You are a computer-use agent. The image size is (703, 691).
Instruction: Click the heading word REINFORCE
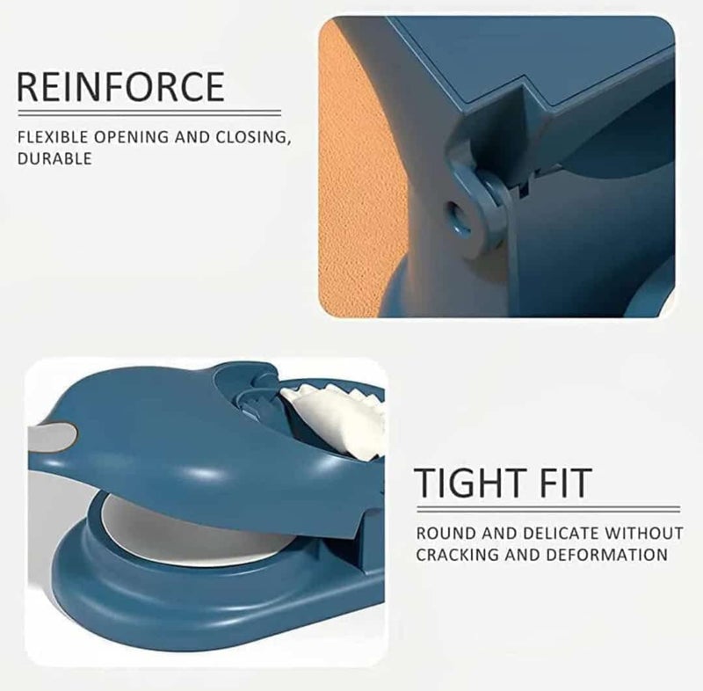click(120, 86)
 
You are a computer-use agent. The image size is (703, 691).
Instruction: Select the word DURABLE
click(54, 158)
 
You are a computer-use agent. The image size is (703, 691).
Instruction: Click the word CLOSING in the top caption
click(252, 138)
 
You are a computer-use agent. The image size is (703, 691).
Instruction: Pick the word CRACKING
click(457, 555)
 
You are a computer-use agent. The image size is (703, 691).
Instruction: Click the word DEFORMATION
click(607, 555)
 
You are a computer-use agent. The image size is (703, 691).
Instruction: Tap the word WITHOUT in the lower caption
click(644, 534)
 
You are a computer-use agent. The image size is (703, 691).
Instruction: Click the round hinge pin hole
click(457, 215)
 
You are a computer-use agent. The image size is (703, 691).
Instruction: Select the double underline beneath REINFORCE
click(149, 113)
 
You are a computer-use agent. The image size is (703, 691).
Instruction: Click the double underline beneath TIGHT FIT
click(547, 509)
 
